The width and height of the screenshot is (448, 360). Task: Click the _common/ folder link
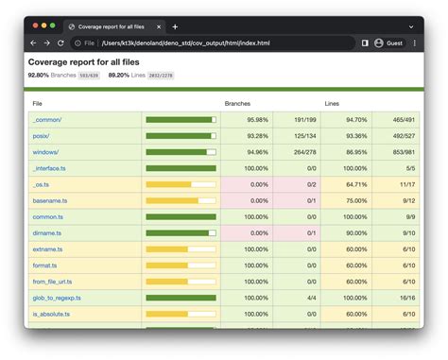pyautogui.click(x=46, y=120)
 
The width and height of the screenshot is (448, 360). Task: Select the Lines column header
pyautogui.click(x=333, y=103)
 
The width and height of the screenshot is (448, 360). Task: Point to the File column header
pyautogui.click(x=37, y=103)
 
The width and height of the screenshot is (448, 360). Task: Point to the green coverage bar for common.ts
pyautogui.click(x=181, y=216)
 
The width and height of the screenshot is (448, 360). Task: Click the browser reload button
pyautogui.click(x=61, y=43)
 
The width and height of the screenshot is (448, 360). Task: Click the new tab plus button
pyautogui.click(x=175, y=26)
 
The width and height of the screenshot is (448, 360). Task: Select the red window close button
pyautogui.click(x=36, y=26)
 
